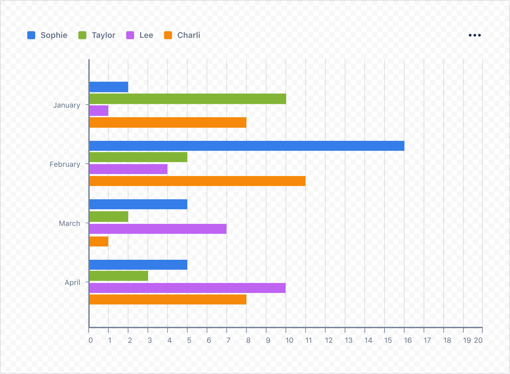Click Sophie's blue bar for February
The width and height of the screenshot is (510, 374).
[x=247, y=146]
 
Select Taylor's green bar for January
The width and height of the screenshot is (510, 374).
[x=188, y=99]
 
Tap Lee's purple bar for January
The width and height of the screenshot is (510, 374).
[x=99, y=111]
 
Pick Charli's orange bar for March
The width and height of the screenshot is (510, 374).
[x=99, y=241]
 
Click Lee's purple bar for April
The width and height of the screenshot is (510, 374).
[x=188, y=288]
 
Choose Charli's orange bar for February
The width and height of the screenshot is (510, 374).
[x=198, y=181]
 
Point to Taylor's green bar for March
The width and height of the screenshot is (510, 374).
[x=109, y=217]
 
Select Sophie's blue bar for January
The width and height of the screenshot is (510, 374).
[x=109, y=87]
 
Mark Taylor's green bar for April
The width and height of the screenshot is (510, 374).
[x=119, y=276]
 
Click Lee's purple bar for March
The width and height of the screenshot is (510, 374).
[x=158, y=229]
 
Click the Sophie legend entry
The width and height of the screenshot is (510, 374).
[x=47, y=35]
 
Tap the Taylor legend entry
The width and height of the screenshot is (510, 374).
[x=97, y=35]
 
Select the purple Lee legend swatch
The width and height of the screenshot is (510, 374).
[x=130, y=35]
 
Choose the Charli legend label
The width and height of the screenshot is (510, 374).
[x=189, y=35]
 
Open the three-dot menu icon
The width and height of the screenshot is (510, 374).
[x=474, y=35]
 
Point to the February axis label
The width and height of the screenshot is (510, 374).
[x=65, y=164]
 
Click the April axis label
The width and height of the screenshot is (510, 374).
[x=72, y=282]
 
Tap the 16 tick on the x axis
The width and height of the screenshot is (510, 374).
[x=407, y=340]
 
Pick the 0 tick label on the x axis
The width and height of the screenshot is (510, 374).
[x=90, y=340]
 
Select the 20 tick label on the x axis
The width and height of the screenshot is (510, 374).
[x=478, y=340]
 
